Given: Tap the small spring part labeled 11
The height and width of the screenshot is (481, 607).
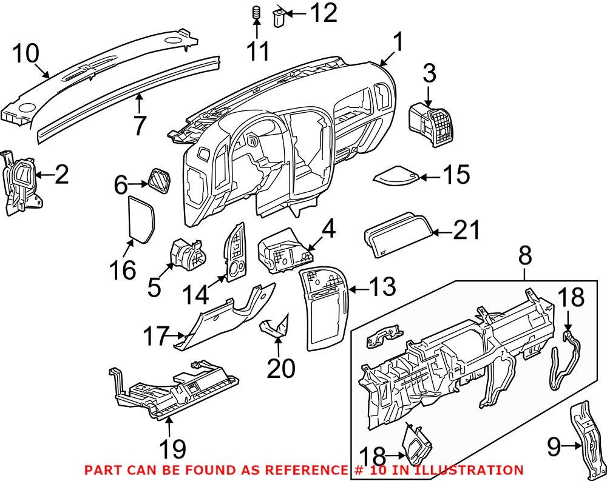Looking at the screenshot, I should (x=256, y=13).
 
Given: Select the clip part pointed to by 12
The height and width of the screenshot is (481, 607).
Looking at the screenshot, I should (x=280, y=16).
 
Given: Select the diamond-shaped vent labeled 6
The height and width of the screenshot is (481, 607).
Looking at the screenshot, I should (x=158, y=181).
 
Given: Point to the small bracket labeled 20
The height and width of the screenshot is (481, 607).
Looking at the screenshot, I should (x=275, y=328).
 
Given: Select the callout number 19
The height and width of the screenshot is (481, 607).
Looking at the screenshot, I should (x=172, y=449).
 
